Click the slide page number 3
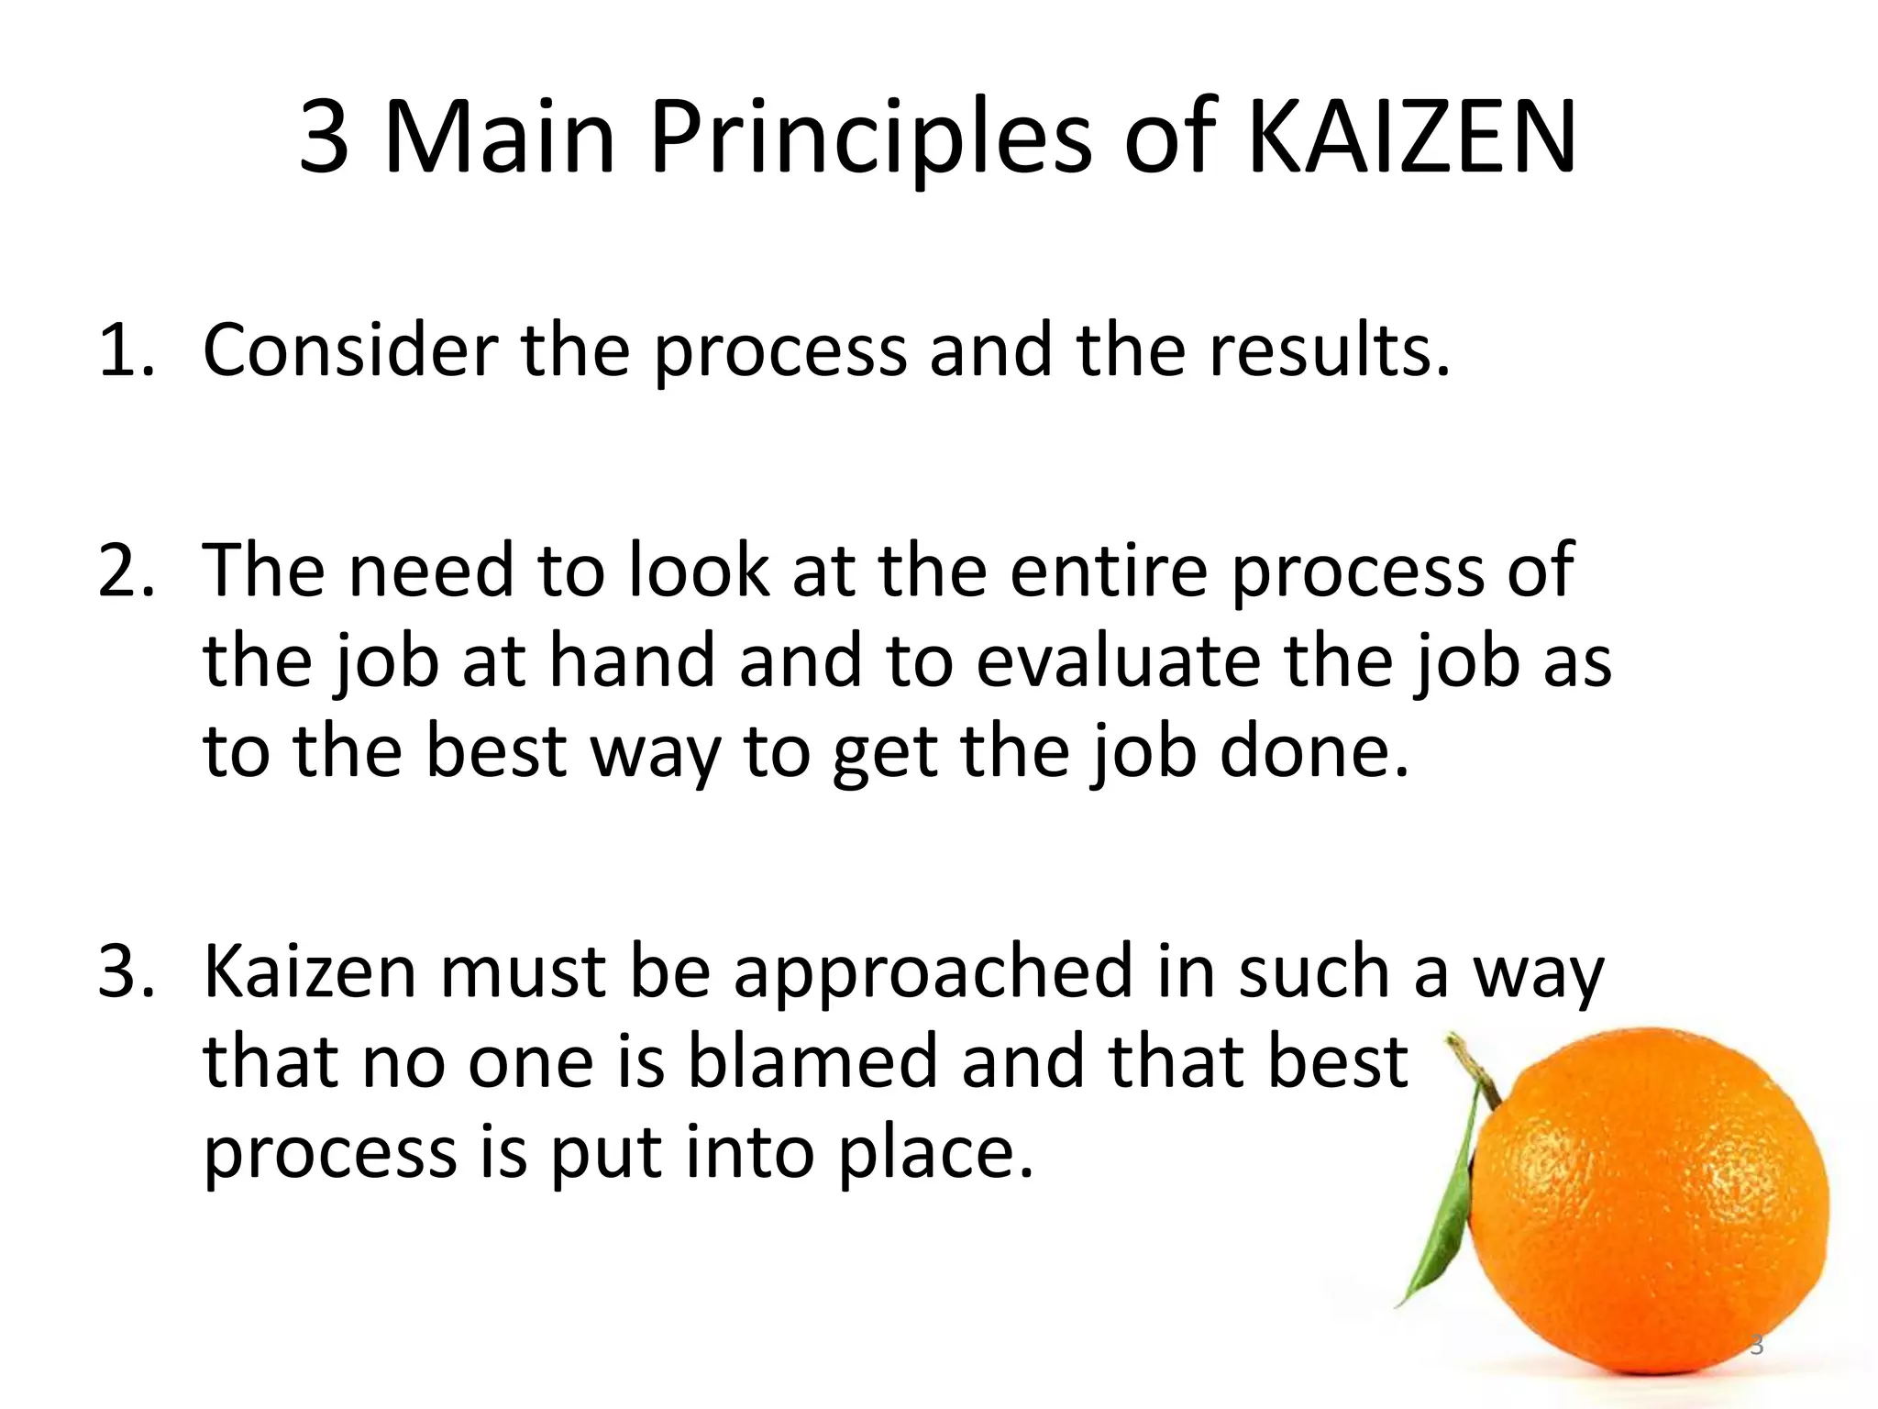coord(1757,1346)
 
